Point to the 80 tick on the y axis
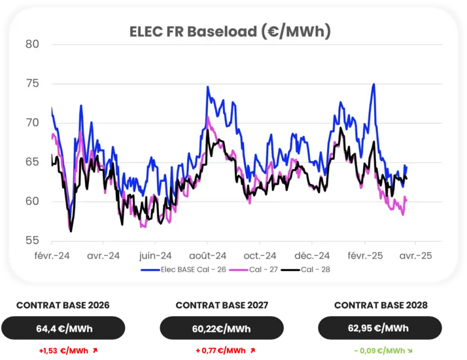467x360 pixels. pyautogui.click(x=33, y=45)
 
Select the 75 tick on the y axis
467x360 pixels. pyautogui.click(x=33, y=84)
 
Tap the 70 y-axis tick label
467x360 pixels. pyautogui.click(x=33, y=123)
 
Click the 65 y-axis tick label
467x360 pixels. pyautogui.click(x=33, y=162)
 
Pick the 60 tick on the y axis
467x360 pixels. pyautogui.click(x=33, y=202)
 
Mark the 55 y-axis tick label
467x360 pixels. pyautogui.click(x=33, y=241)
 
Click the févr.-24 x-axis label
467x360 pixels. pyautogui.click(x=52, y=255)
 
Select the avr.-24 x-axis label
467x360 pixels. pyautogui.click(x=104, y=255)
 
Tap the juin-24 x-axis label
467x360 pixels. pyautogui.click(x=156, y=255)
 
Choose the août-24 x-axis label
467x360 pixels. pyautogui.click(x=209, y=255)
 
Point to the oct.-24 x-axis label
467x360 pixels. pyautogui.click(x=260, y=255)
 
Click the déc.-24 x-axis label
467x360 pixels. pyautogui.click(x=313, y=255)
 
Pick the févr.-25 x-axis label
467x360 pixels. pyautogui.click(x=364, y=255)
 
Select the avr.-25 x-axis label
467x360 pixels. pyautogui.click(x=416, y=255)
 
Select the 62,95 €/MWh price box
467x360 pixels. pyautogui.click(x=379, y=328)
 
